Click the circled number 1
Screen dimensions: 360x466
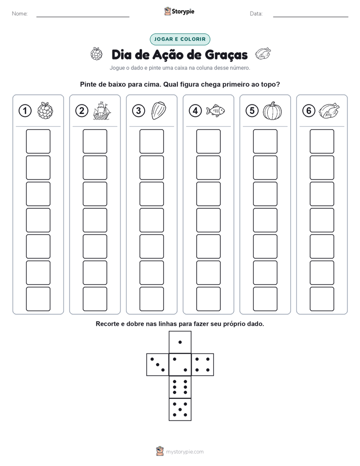tap(25, 110)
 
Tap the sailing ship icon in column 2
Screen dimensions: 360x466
tap(101, 110)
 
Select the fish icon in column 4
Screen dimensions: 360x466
tap(215, 110)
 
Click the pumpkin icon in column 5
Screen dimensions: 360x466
tap(272, 111)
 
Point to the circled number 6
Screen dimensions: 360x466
tap(309, 110)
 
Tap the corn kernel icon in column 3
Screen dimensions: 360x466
tap(159, 110)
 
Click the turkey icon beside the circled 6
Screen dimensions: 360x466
tap(329, 110)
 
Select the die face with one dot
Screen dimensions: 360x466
tap(180, 342)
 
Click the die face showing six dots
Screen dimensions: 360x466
tap(180, 387)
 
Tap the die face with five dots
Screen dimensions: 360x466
tap(180, 410)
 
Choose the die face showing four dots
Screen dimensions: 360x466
tap(203, 365)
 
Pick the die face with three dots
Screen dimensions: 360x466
tap(158, 365)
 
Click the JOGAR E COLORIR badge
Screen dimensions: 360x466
tap(180, 39)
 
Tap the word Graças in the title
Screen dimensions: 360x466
tap(226, 55)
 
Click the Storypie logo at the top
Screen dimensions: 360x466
tap(179, 11)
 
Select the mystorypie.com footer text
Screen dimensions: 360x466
tap(185, 452)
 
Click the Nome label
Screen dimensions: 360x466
tap(20, 14)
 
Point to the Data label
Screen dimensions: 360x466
tap(256, 14)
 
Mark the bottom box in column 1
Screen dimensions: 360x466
tap(38, 299)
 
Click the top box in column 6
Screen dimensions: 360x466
tap(322, 141)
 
